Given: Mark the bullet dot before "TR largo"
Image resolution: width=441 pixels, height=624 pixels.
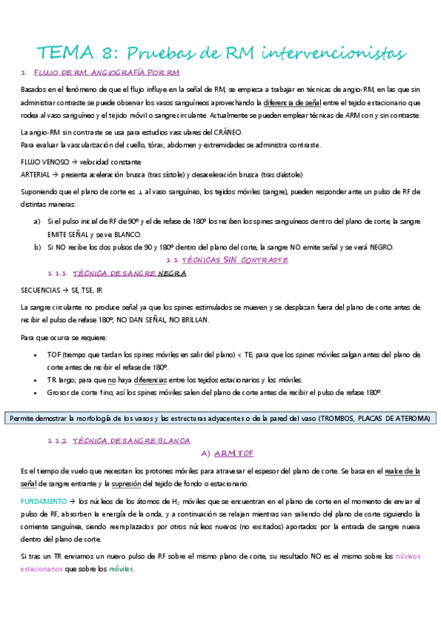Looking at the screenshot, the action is coord(37,380).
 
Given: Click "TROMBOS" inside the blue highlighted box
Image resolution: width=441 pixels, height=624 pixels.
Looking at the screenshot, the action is coord(340,419).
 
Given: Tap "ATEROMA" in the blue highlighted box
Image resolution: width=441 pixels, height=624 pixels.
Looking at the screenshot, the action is coord(410,419).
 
